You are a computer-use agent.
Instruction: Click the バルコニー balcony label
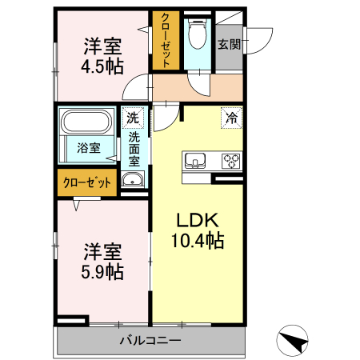pyautogui.click(x=150, y=342)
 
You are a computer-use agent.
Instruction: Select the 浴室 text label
pyautogui.click(x=88, y=147)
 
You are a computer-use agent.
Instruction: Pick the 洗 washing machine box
pyautogui.click(x=132, y=117)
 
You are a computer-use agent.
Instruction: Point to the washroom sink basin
pyautogui.click(x=132, y=179)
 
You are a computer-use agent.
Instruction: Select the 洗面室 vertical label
pyautogui.click(x=134, y=149)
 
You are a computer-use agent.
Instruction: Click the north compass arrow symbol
pyautogui.click(x=293, y=342)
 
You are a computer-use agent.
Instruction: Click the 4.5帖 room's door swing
pyautogui.click(x=142, y=85)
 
